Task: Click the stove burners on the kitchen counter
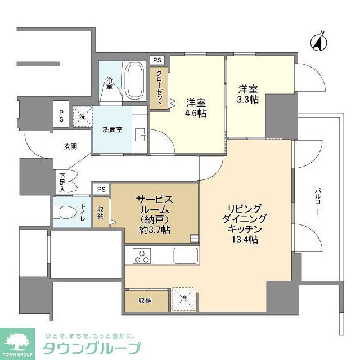click(141, 256)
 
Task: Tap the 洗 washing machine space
click(82, 116)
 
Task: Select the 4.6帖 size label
click(196, 114)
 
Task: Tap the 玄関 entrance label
click(70, 146)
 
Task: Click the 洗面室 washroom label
click(112, 130)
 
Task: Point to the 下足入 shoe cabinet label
click(62, 182)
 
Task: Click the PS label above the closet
click(157, 60)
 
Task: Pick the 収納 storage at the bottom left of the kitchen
click(145, 300)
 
